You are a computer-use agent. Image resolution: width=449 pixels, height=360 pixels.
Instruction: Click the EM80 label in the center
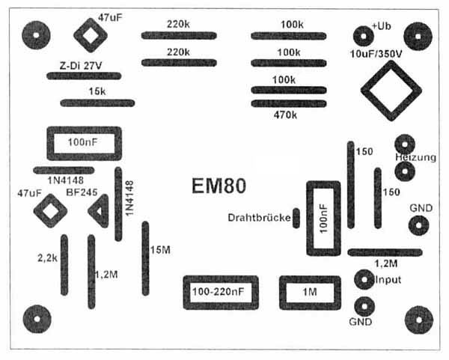pos(215,186)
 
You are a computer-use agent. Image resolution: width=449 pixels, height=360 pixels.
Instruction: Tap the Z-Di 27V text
pos(82,65)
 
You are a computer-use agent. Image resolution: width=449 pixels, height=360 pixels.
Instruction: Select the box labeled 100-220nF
pos(220,293)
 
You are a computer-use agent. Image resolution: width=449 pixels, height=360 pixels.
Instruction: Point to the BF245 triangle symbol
pos(98,210)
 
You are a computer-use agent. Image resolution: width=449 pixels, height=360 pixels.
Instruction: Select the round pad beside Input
pos(364,280)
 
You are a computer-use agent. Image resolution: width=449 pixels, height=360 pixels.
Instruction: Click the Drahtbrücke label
pos(257,217)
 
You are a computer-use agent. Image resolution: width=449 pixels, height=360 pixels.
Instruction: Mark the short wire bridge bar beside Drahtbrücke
pos(296,218)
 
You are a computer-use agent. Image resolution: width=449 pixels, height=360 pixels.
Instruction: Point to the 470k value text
pos(285,115)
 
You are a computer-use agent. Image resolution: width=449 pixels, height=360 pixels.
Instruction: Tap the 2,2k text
pos(48,257)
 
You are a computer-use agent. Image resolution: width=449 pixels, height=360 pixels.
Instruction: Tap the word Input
pos(388,280)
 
